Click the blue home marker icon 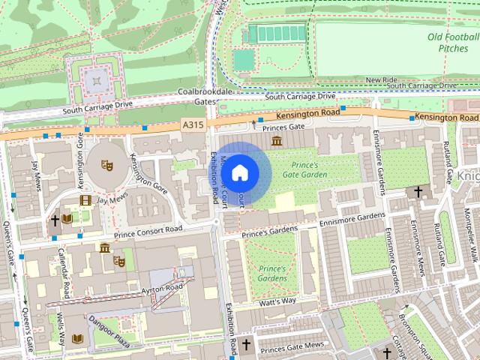click(x=239, y=172)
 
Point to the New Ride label click(x=381, y=79)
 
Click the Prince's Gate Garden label click(x=304, y=169)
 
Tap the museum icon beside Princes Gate click(x=277, y=141)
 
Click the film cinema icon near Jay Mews click(x=85, y=200)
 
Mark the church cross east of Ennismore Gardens click(x=418, y=193)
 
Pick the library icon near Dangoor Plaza click(x=76, y=339)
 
